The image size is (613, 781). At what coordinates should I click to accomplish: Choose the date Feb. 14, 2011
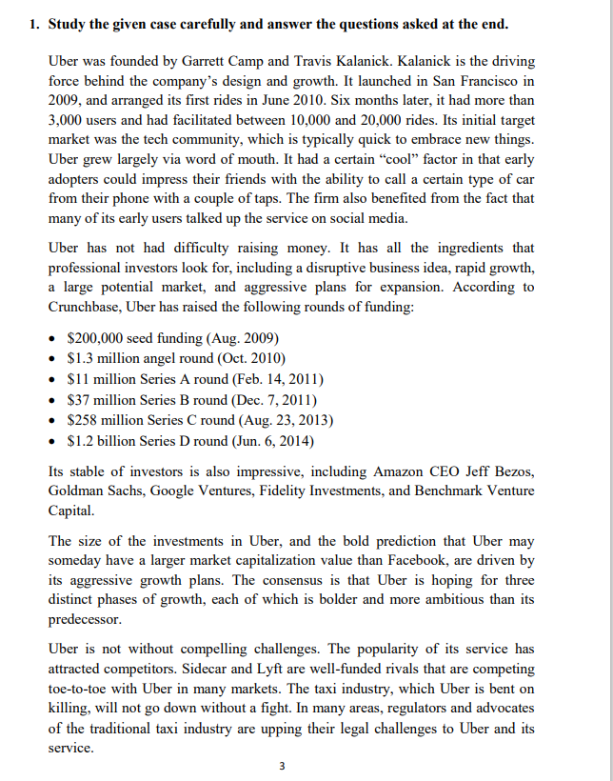point(275,379)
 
